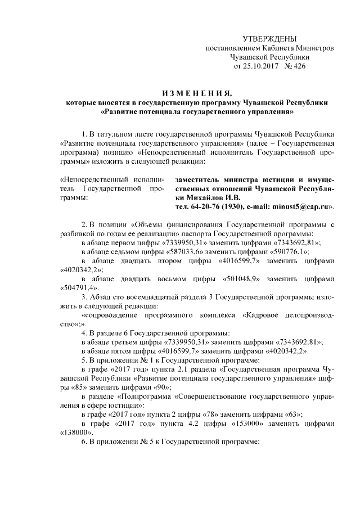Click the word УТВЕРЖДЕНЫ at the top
click(269, 38)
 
